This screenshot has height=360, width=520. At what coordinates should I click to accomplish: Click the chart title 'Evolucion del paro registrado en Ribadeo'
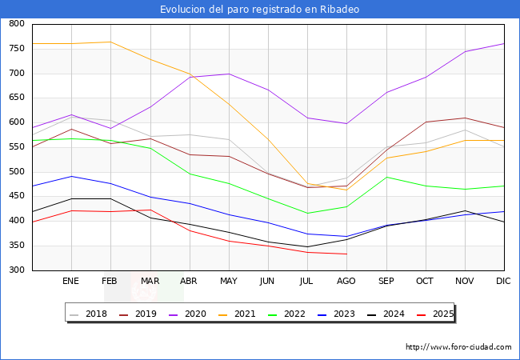pos(259,9)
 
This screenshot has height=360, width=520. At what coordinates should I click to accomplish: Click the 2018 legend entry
pos(90,314)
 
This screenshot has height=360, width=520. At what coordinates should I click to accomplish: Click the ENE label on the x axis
pos(71,281)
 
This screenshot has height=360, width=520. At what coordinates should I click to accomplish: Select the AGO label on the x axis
pos(346,281)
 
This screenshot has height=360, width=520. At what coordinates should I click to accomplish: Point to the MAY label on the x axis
pos(229,281)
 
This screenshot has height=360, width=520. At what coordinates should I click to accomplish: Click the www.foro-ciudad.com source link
pos(458,347)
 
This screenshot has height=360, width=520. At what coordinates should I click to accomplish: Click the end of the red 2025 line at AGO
pos(346,254)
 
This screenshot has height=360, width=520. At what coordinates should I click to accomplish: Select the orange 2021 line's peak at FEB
pos(110,42)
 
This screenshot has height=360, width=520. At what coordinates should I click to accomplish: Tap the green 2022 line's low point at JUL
pos(307,214)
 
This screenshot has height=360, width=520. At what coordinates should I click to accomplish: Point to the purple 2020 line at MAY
pos(229,74)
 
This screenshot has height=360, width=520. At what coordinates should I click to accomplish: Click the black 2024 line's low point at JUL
pos(307,247)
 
